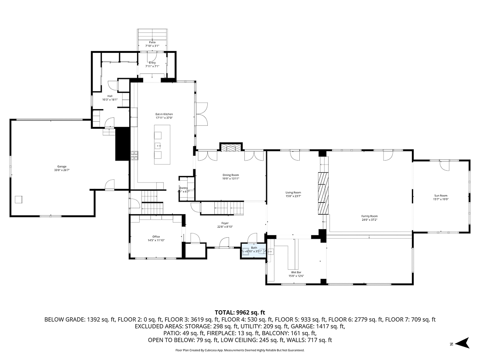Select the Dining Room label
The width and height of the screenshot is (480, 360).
(231, 177)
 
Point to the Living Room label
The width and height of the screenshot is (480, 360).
(293, 194)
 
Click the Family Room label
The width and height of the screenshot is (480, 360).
(369, 218)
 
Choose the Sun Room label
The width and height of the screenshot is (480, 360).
(441, 197)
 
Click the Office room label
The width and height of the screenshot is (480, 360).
(156, 238)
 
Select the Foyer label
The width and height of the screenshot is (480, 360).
(225, 225)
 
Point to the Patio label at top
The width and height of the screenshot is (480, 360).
(152, 44)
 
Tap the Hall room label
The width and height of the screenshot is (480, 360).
(110, 98)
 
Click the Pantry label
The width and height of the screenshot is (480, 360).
(183, 189)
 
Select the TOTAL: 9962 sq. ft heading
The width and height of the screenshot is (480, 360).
(240, 312)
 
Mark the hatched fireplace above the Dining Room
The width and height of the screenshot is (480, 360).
(230, 147)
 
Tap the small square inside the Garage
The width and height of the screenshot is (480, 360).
(19, 199)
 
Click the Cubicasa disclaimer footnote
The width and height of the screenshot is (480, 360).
(240, 350)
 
